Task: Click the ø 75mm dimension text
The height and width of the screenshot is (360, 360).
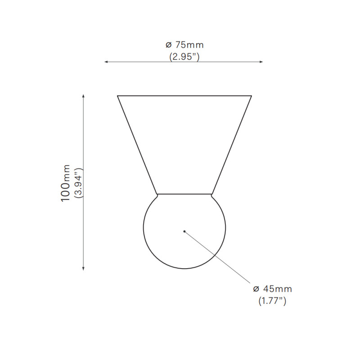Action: [x=184, y=45]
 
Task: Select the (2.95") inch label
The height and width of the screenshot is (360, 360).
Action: [x=184, y=57]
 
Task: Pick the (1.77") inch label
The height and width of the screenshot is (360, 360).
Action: [x=272, y=301]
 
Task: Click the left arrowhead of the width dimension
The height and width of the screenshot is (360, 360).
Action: [x=106, y=62]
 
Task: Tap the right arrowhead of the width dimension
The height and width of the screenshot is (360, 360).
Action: [x=261, y=62]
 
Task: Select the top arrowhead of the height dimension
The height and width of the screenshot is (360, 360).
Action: [x=83, y=96]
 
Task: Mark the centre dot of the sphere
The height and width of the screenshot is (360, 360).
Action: [x=184, y=231]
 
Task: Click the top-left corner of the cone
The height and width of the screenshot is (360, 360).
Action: [x=118, y=96]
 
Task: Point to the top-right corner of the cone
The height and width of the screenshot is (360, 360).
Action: [x=251, y=96]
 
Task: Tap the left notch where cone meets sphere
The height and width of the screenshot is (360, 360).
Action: [x=157, y=195]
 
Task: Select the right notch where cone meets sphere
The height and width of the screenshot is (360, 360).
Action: [x=212, y=195]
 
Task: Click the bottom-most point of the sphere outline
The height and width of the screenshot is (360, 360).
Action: [x=184, y=269]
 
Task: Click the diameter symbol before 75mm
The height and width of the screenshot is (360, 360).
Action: [x=168, y=45]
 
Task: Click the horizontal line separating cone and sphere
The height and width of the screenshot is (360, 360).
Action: [x=184, y=194]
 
